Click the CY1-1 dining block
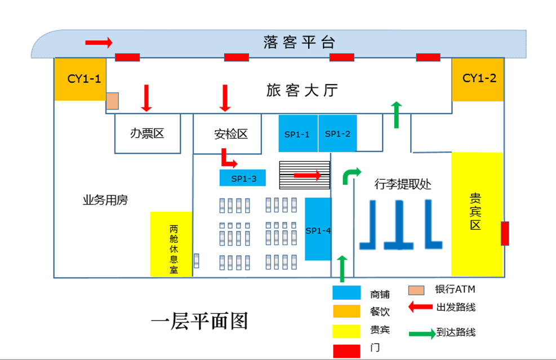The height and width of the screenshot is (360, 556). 80,79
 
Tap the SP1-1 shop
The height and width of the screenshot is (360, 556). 298,134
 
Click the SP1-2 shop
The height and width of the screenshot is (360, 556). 337,134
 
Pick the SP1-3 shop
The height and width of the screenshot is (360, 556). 242,178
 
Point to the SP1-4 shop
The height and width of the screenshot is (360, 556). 318,229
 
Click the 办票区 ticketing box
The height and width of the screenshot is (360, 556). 148,134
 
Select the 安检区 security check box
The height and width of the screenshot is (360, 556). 228,134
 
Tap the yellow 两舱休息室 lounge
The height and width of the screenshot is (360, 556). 172,244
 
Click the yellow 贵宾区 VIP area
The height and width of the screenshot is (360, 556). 477,214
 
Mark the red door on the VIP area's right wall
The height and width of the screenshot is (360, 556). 505,233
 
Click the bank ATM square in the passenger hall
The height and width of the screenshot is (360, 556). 113,101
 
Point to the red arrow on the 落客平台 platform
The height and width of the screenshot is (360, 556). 99,42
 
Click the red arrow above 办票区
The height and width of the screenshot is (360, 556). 146,97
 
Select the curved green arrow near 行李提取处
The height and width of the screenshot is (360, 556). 351,175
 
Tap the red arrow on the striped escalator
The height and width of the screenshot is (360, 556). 308,175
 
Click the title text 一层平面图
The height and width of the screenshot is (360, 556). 199,321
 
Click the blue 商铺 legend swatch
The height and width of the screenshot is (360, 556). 346,293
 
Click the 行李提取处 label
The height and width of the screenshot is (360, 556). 403,184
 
